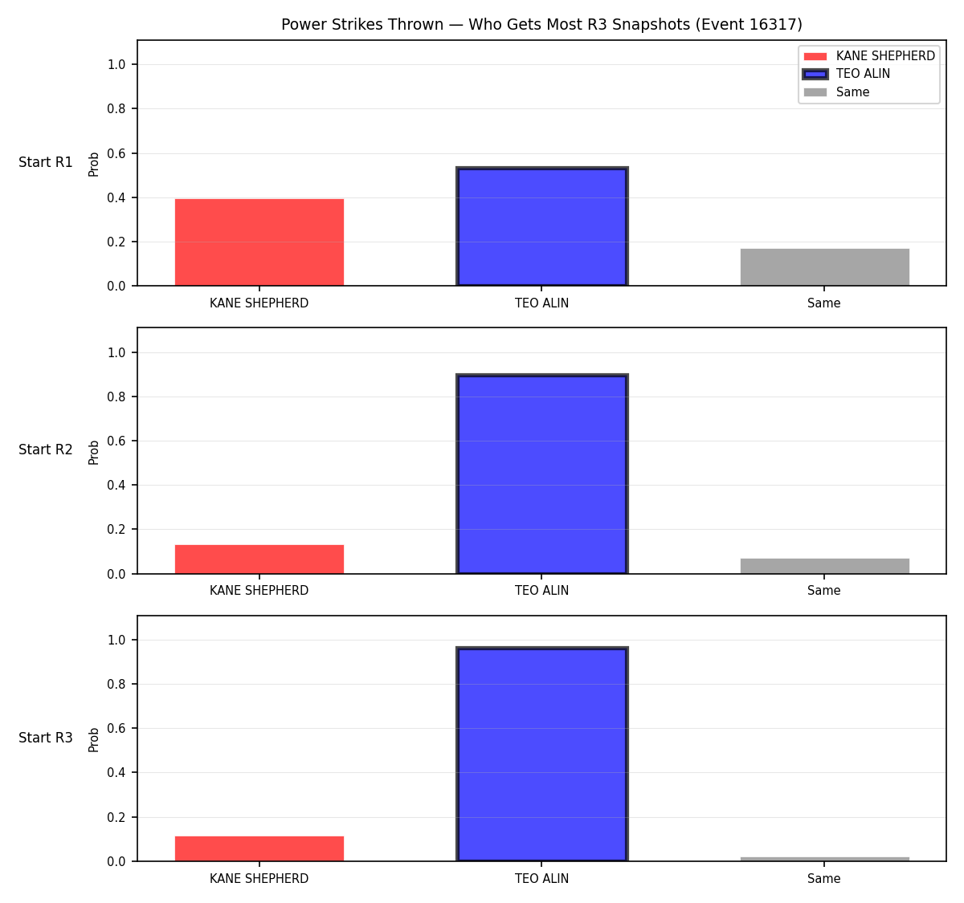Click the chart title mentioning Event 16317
541,24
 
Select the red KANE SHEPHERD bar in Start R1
259,242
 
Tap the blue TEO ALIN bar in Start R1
541,226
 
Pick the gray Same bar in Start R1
824,266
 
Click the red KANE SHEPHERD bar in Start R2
259,559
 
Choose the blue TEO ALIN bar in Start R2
541,474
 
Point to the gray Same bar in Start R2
824,566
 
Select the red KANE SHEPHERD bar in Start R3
259,848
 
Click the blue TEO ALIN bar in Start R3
541,754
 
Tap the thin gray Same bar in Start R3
824,860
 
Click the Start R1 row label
45,162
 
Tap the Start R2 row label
45,449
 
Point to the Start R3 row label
45,738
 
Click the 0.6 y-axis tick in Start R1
116,153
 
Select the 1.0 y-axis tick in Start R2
116,352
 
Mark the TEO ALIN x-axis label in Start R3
541,878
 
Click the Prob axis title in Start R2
94,452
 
